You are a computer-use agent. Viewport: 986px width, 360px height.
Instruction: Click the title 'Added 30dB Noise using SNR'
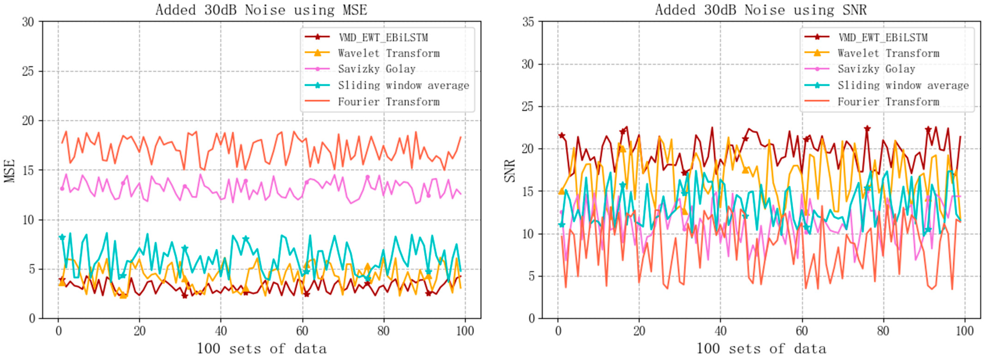point(761,10)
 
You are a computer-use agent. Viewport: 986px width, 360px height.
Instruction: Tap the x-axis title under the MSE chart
point(262,349)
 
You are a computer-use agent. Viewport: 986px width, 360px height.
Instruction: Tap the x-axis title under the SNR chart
point(761,349)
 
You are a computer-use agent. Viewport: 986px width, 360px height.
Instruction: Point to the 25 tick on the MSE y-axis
point(28,71)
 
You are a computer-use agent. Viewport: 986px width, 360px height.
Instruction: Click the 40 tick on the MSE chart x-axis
point(221,331)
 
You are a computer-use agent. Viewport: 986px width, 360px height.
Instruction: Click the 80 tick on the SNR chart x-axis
point(883,331)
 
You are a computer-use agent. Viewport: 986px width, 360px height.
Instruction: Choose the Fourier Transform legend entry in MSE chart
point(388,102)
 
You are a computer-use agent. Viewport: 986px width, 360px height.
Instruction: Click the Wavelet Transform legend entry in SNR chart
point(888,53)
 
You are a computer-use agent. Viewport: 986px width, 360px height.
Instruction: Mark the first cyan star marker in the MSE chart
point(62,237)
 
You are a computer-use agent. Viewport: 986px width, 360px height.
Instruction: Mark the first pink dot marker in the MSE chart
point(62,189)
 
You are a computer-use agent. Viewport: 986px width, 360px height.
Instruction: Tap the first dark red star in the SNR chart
point(561,135)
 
